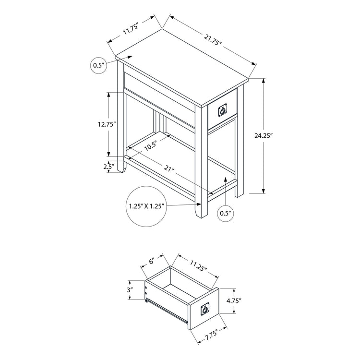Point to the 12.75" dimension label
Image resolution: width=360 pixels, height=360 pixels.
click(104, 123)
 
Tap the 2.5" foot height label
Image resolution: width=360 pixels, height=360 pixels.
click(108, 167)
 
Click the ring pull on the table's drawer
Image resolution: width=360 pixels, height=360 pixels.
click(222, 111)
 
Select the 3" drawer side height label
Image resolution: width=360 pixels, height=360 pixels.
click(130, 289)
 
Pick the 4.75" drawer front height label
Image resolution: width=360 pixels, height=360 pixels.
click(233, 301)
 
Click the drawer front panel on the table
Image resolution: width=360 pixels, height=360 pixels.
click(222, 111)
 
